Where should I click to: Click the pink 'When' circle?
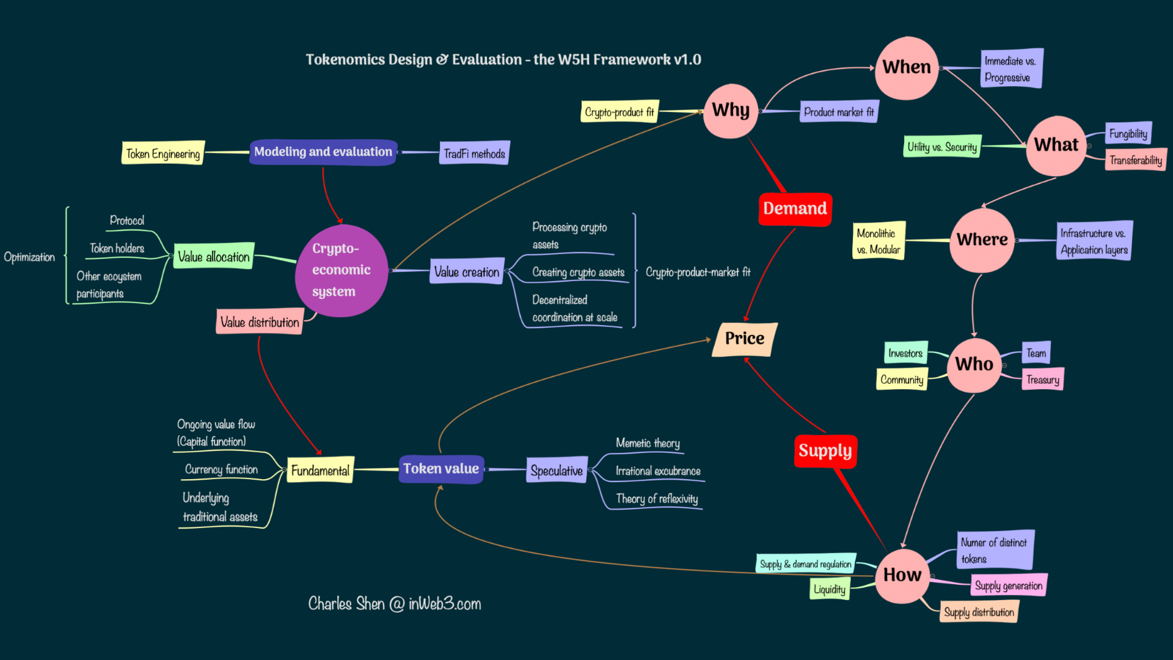click(x=907, y=68)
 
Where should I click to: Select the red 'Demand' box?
click(x=795, y=209)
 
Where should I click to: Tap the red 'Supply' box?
click(x=825, y=451)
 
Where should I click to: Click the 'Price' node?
click(x=744, y=339)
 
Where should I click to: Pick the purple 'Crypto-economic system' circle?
click(x=341, y=270)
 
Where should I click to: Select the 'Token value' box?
click(x=441, y=469)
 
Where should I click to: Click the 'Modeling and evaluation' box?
click(x=323, y=152)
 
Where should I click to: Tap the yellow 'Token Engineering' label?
click(x=163, y=154)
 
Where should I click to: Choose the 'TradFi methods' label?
click(x=474, y=153)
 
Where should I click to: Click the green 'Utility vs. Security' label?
click(x=942, y=147)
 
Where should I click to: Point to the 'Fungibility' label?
click(x=1128, y=134)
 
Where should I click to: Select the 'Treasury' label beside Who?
click(x=1042, y=380)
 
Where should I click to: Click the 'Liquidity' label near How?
click(x=830, y=589)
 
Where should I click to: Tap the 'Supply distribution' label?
click(x=979, y=612)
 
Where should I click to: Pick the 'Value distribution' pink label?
click(x=260, y=322)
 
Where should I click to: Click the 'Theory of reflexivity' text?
click(x=657, y=499)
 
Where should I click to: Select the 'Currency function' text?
click(x=221, y=469)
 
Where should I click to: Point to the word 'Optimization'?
click(x=29, y=257)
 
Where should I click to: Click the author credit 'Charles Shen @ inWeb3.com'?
click(x=395, y=604)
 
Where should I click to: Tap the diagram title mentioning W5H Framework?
click(x=503, y=60)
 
